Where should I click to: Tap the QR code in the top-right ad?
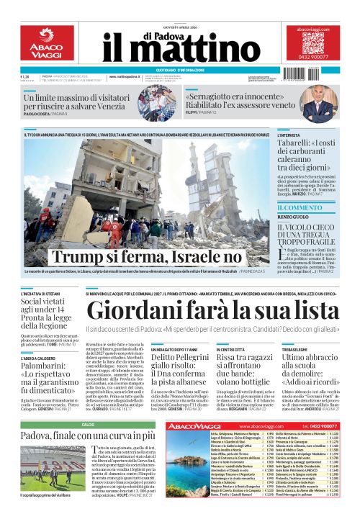point(313,43)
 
